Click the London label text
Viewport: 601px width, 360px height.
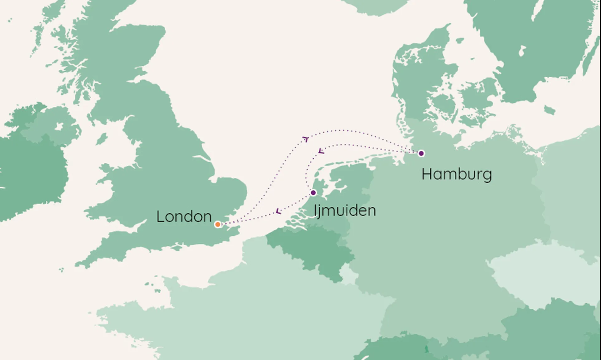(x=184, y=217)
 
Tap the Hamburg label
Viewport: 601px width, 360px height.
(x=457, y=174)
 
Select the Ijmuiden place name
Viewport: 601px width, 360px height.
(x=345, y=211)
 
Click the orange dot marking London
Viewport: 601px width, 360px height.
(x=217, y=224)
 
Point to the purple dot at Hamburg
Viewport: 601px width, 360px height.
(x=421, y=153)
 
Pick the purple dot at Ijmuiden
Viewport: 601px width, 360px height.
(x=313, y=192)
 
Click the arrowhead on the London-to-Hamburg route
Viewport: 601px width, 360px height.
(x=305, y=139)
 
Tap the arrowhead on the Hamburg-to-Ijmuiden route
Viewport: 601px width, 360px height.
(x=321, y=151)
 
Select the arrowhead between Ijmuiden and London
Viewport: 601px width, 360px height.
(x=278, y=211)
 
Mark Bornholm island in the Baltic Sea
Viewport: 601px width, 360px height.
(x=549, y=110)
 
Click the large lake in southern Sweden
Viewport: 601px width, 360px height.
(x=522, y=50)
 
